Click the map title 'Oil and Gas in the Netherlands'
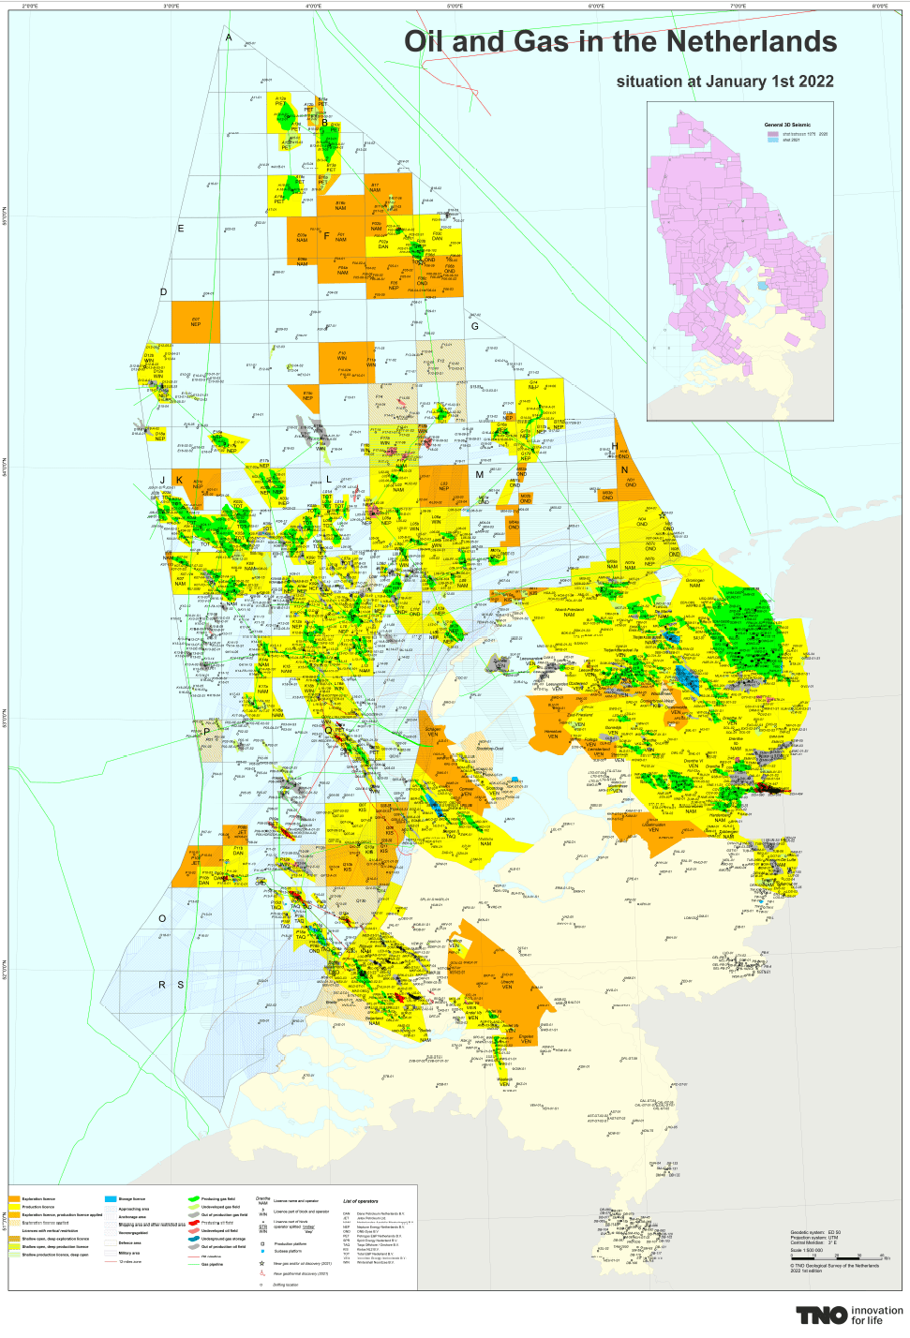pyautogui.click(x=619, y=42)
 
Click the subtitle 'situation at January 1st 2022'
pyautogui.click(x=724, y=82)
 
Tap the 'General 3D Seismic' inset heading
pyautogui.click(x=787, y=125)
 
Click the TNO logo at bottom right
pyautogui.click(x=822, y=1315)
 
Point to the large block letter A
pyautogui.click(x=229, y=37)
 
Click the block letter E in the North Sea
pyautogui.click(x=181, y=229)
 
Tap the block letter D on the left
pyautogui.click(x=163, y=292)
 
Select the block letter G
pyautogui.click(x=475, y=326)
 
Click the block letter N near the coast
pyautogui.click(x=624, y=470)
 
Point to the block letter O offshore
pyautogui.click(x=162, y=918)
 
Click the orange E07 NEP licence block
pyautogui.click(x=195, y=322)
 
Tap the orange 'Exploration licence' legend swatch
pyautogui.click(x=14, y=1198)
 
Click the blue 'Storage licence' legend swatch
pyautogui.click(x=111, y=1198)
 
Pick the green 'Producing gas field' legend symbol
pyautogui.click(x=193, y=1198)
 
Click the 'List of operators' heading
pyautogui.click(x=360, y=1201)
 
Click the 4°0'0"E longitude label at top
pyautogui.click(x=313, y=6)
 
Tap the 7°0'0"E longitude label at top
pyautogui.click(x=738, y=6)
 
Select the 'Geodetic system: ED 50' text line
pyautogui.click(x=815, y=1233)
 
